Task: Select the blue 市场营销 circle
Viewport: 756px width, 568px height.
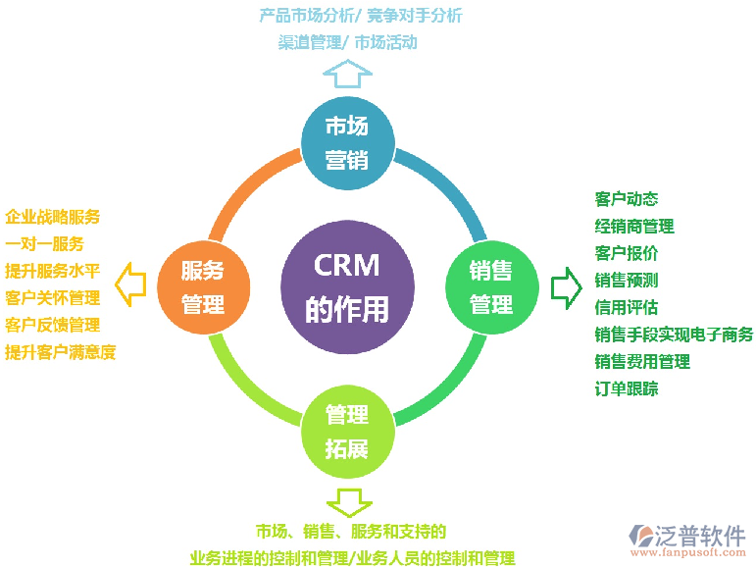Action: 347,141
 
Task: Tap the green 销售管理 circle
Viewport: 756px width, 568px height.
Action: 491,286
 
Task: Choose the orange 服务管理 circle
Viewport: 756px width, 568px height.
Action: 204,286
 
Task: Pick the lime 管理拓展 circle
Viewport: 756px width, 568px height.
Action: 347,431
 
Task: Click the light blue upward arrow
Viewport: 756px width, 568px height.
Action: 347,74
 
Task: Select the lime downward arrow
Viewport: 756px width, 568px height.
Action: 347,500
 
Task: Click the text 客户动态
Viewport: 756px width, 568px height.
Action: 627,199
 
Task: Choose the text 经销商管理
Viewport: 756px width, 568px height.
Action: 634,227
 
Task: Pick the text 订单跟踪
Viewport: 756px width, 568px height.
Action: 627,388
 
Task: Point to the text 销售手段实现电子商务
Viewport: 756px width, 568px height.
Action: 674,335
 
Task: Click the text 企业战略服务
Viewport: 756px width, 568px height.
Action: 53,217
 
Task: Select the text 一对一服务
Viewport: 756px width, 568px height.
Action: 45,243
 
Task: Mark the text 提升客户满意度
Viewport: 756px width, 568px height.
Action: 61,351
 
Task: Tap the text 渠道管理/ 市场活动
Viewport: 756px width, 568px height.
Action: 348,42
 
